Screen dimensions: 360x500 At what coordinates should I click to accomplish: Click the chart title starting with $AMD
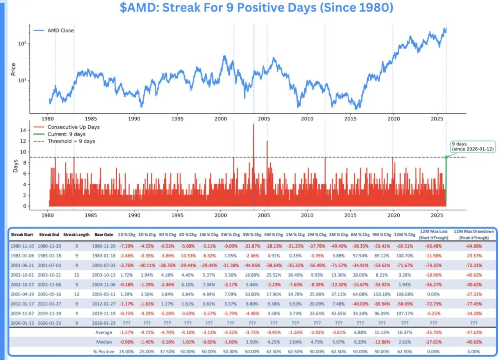[256, 8]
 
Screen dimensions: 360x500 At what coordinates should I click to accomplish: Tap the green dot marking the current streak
[446, 157]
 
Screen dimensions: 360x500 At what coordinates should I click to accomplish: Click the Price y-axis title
[14, 70]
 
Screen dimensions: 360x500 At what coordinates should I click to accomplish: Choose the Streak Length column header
[77, 235]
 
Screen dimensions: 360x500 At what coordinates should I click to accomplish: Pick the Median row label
[104, 342]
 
